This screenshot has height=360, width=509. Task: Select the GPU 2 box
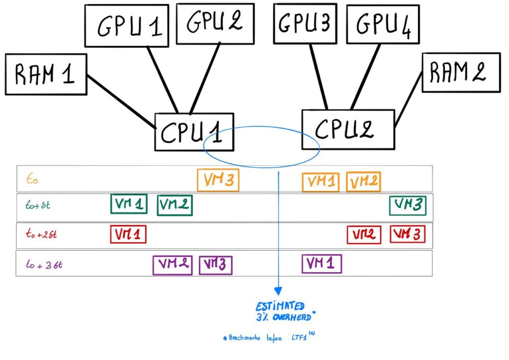coord(215,22)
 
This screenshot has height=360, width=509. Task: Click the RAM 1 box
coord(46,74)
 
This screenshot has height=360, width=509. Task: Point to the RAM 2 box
coord(461,72)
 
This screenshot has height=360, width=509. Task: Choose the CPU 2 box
coord(347,129)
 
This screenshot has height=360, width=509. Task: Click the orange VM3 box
coord(218,180)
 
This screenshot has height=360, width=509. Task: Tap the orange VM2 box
coord(363,181)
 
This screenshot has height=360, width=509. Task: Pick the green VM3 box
coord(408,205)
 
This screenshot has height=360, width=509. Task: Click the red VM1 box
coord(128,234)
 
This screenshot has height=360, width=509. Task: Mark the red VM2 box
coord(364,234)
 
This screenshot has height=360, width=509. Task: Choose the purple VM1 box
coord(322,263)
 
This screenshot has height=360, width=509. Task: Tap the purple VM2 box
coord(172,265)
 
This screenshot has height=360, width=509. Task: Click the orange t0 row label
coord(32,179)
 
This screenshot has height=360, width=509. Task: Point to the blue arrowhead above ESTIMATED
coord(278,290)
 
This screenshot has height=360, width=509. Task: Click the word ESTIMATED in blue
coord(280,306)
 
